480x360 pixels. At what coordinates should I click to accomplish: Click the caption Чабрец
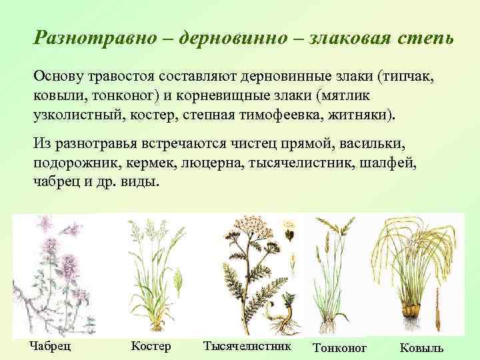51,346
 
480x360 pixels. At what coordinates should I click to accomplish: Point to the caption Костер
151,346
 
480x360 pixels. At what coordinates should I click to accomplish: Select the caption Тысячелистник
247,346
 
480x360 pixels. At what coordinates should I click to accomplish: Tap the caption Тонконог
339,348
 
